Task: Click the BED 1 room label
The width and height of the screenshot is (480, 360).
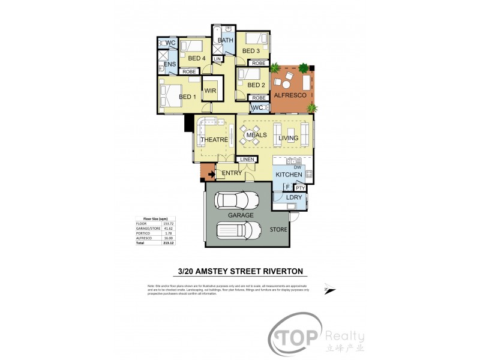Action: pos(187,97)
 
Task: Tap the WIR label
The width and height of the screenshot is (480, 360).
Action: pos(210,91)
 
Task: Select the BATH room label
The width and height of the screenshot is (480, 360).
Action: pos(225,41)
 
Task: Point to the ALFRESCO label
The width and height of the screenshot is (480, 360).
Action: pos(290,95)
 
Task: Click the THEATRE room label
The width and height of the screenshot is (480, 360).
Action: pos(214,140)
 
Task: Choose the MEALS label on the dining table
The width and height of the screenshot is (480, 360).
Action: pos(256,136)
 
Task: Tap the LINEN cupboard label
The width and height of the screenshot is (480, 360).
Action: pos(247,159)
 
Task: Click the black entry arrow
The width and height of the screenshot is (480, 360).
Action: pos(210,175)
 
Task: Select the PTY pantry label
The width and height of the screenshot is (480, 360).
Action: pos(301,188)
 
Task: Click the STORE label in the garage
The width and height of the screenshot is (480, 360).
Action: pos(279,230)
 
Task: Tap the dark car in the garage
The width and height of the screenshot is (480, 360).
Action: pos(237,200)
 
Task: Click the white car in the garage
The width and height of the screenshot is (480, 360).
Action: pos(238,231)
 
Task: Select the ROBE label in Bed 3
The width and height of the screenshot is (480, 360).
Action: pos(259,63)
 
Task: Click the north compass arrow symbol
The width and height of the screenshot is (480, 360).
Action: pos(327,287)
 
